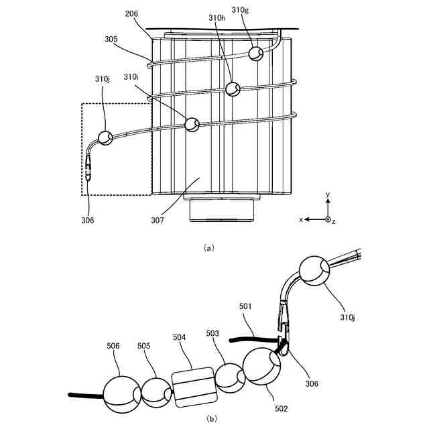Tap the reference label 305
coord(112,39)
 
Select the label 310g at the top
coord(240,10)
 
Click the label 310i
coord(132,78)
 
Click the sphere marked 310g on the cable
coord(255,53)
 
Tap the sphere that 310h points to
coord(233,88)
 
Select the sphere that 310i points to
coord(192,124)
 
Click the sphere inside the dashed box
coord(105,137)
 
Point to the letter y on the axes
coord(327,194)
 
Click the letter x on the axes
coord(301,219)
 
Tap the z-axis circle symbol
coord(327,219)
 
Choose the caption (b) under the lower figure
coord(211,419)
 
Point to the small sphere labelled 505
coord(157,393)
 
